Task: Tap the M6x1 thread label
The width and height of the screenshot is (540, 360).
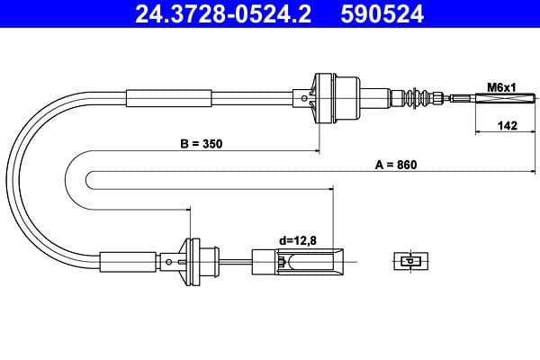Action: [x=499, y=86]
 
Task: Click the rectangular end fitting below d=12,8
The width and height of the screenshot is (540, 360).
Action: [x=297, y=263]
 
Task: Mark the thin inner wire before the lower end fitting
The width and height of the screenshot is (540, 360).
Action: [x=236, y=262]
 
